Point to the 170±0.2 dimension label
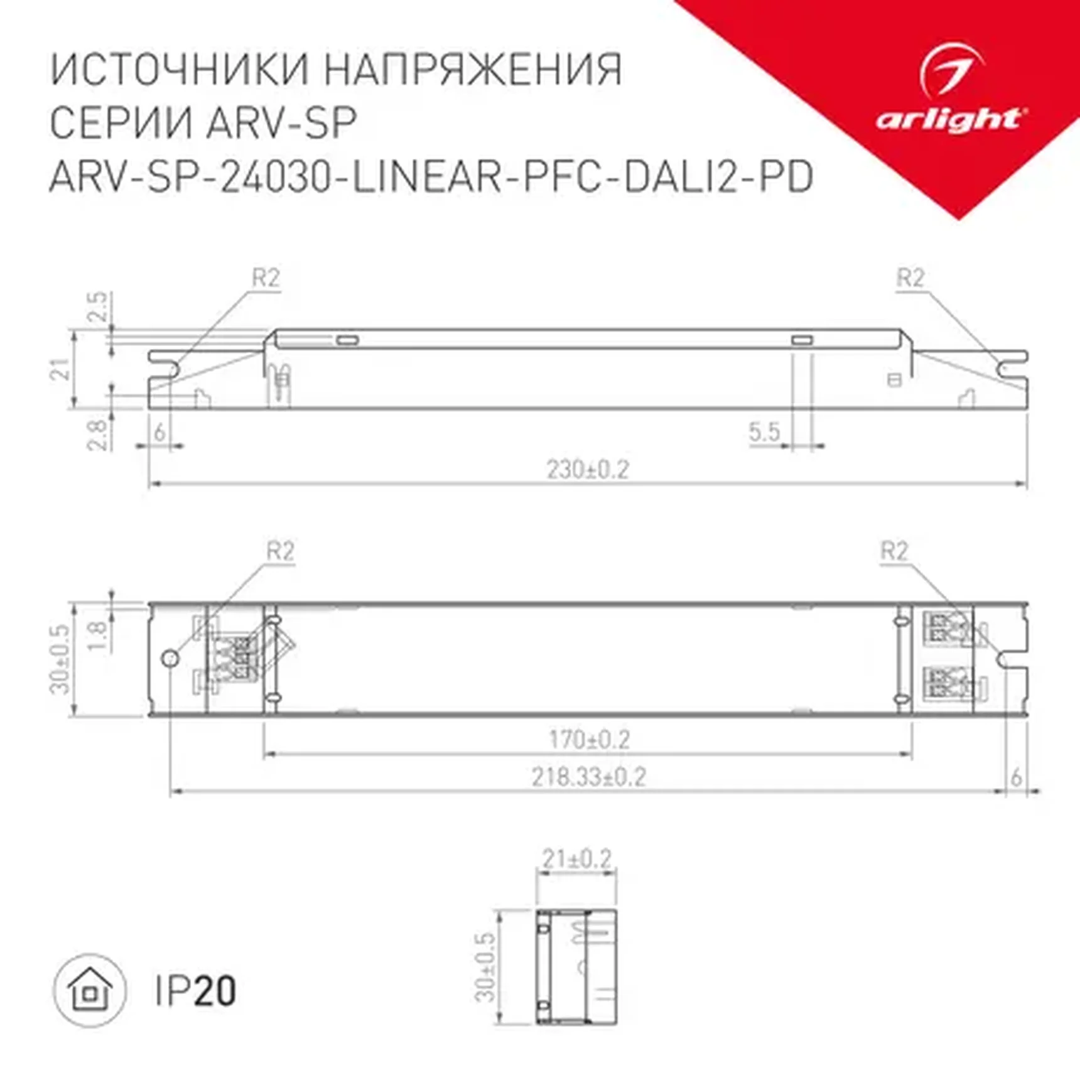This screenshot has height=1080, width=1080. [x=589, y=740]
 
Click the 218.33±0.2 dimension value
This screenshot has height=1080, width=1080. [x=588, y=777]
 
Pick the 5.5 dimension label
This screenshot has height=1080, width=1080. [x=764, y=432]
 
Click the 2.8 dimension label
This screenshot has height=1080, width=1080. [x=97, y=435]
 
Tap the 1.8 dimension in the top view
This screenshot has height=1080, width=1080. [x=97, y=635]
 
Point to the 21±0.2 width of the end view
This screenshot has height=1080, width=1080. [x=576, y=859]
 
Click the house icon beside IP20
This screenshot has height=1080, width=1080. [x=90, y=991]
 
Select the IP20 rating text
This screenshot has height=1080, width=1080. [x=195, y=991]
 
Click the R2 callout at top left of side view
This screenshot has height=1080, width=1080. [x=266, y=278]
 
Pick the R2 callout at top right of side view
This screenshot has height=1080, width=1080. [x=910, y=278]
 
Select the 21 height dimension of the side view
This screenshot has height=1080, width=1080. [x=61, y=369]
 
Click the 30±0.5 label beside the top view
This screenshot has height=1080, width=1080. [x=60, y=659]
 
